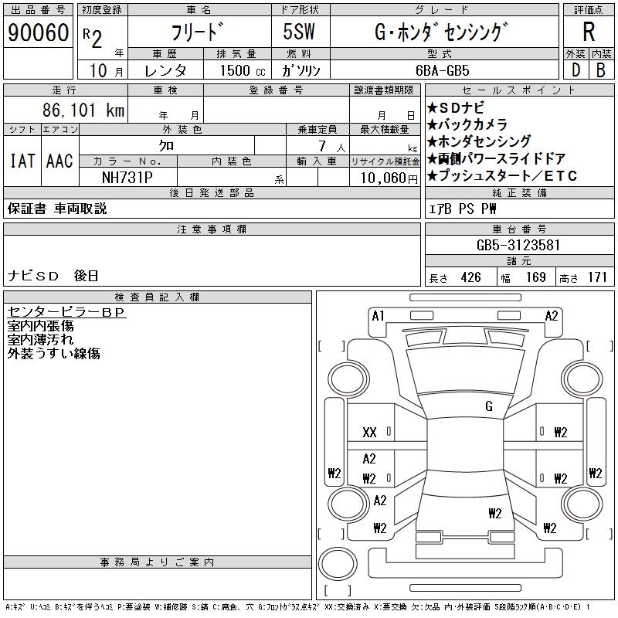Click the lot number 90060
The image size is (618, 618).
[x=37, y=32]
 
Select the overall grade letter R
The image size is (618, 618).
[x=589, y=32]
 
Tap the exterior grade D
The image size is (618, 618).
[x=576, y=70]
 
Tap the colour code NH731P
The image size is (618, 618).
[x=128, y=177]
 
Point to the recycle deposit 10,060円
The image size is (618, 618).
[x=385, y=177]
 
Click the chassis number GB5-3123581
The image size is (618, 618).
[x=518, y=245]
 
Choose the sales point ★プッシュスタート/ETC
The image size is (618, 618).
[x=502, y=176]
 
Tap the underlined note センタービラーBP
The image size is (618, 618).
[x=66, y=312]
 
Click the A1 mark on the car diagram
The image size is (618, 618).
[x=378, y=315]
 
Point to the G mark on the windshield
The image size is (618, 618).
[x=489, y=406]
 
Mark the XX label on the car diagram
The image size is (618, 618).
[x=370, y=433]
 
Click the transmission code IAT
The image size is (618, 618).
[x=21, y=161]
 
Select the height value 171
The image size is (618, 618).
[x=597, y=277]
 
